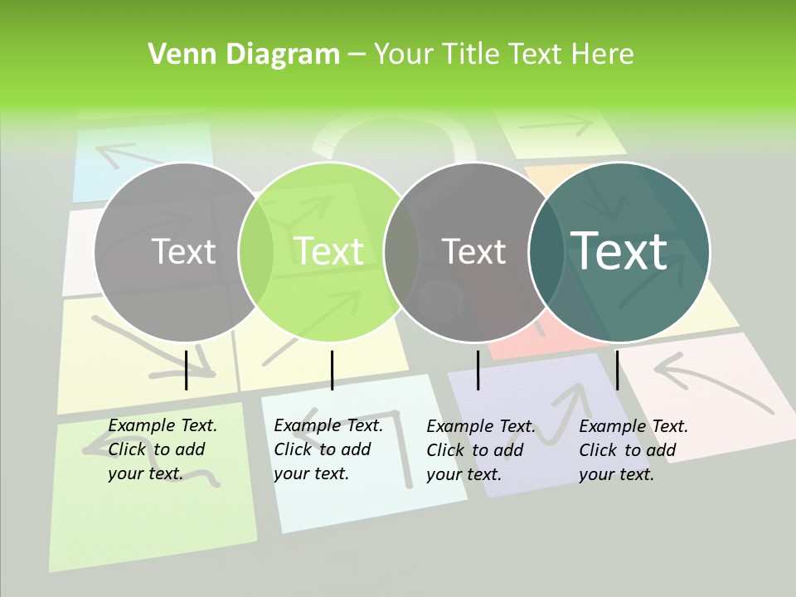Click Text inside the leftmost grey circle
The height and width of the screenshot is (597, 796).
pyautogui.click(x=183, y=251)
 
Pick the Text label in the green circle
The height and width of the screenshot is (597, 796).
pyautogui.click(x=329, y=251)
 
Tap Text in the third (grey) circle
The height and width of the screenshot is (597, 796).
pyautogui.click(x=473, y=251)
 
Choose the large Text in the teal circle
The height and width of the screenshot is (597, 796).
pyautogui.click(x=619, y=250)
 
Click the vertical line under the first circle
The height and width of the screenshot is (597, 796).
pyautogui.click(x=187, y=370)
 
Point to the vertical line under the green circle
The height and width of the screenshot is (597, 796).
pyautogui.click(x=332, y=370)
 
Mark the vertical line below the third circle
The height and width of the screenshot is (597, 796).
pyautogui.click(x=478, y=370)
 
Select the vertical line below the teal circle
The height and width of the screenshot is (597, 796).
pyautogui.click(x=617, y=370)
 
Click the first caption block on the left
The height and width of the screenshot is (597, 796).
pyautogui.click(x=162, y=449)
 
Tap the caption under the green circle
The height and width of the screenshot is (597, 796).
pyautogui.click(x=328, y=449)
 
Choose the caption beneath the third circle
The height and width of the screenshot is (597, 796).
pyautogui.click(x=480, y=450)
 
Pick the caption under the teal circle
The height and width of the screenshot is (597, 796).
pyautogui.click(x=633, y=450)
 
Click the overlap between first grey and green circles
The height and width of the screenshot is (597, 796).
pyautogui.click(x=256, y=251)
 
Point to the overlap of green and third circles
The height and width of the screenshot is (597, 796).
pyautogui.click(x=401, y=251)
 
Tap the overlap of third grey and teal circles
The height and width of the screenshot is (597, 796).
pyautogui.click(x=547, y=251)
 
